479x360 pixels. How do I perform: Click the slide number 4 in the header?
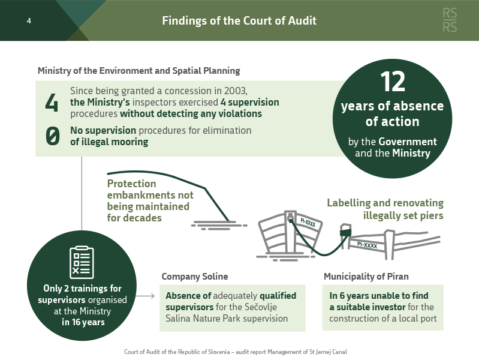[29, 21]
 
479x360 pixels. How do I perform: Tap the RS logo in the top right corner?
[450, 20]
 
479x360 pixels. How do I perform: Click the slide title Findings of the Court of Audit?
[239, 20]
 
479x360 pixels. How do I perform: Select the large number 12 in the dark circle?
[393, 82]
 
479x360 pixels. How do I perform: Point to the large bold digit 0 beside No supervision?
[53, 136]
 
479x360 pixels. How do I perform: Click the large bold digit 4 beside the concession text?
[52, 103]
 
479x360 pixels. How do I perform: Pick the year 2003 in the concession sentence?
[235, 91]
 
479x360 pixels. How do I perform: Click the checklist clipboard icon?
[82, 262]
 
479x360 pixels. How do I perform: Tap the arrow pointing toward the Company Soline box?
[145, 296]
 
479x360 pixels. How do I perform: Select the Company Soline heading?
[195, 277]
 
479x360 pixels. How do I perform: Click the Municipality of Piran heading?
[366, 277]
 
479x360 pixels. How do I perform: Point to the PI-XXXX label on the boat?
[308, 223]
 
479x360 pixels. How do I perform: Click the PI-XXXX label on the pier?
[367, 245]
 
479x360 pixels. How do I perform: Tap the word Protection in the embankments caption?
[132, 184]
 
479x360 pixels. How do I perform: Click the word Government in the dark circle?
[408, 142]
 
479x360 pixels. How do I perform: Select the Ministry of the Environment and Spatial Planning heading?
[138, 71]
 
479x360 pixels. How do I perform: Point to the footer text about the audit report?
[236, 352]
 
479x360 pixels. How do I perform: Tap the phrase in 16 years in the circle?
[83, 322]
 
